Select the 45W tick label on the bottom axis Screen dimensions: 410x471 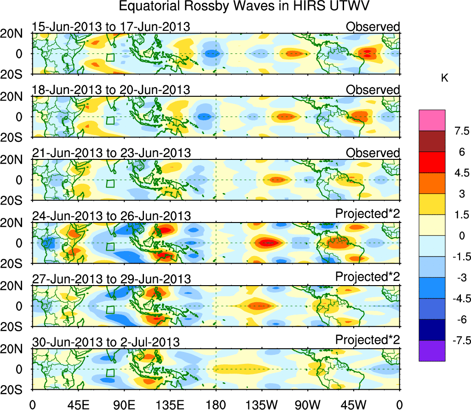click(353, 404)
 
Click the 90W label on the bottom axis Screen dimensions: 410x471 click(307, 404)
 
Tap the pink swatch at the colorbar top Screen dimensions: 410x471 click(432, 120)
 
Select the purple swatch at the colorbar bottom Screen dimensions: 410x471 click(432, 351)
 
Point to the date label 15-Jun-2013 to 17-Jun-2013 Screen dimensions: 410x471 click(111, 27)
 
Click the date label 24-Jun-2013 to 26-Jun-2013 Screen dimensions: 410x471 click(111, 216)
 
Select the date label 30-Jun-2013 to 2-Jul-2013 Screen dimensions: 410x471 click(106, 342)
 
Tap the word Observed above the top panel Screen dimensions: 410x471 click(373, 27)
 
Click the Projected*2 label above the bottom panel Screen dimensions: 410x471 click(368, 340)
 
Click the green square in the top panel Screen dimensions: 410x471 click(110, 57)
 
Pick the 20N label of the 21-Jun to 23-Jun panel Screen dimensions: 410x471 click(15, 159)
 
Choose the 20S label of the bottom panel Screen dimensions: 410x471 click(15, 390)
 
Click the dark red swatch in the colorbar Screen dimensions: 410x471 click(432, 141)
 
